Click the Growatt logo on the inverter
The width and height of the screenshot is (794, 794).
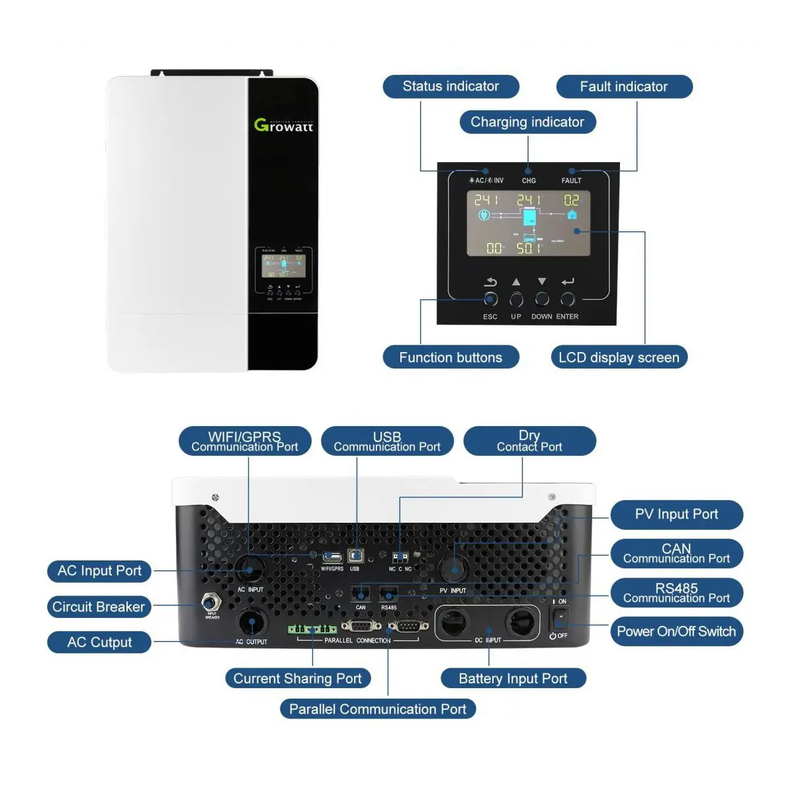283,125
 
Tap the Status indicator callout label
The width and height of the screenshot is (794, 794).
451,87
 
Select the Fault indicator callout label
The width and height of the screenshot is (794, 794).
624,87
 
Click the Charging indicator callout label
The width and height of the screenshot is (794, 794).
527,122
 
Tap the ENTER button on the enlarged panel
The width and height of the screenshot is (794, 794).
568,300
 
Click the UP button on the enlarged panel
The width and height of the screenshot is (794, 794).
516,300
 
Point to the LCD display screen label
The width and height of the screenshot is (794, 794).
619,357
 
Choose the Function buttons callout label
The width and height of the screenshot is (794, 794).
451,357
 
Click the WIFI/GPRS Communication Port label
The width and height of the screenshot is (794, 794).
245,441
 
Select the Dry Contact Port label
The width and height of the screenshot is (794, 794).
529,441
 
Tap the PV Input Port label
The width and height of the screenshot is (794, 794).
676,515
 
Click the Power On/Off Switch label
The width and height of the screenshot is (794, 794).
676,631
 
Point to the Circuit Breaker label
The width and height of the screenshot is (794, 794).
99,607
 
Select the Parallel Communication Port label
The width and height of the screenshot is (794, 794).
378,709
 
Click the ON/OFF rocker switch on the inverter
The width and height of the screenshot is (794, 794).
560,618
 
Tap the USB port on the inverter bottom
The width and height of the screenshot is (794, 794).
355,556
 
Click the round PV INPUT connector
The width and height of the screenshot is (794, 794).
455,568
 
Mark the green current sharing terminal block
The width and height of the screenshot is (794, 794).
312,629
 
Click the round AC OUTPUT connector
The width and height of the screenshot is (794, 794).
252,623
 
